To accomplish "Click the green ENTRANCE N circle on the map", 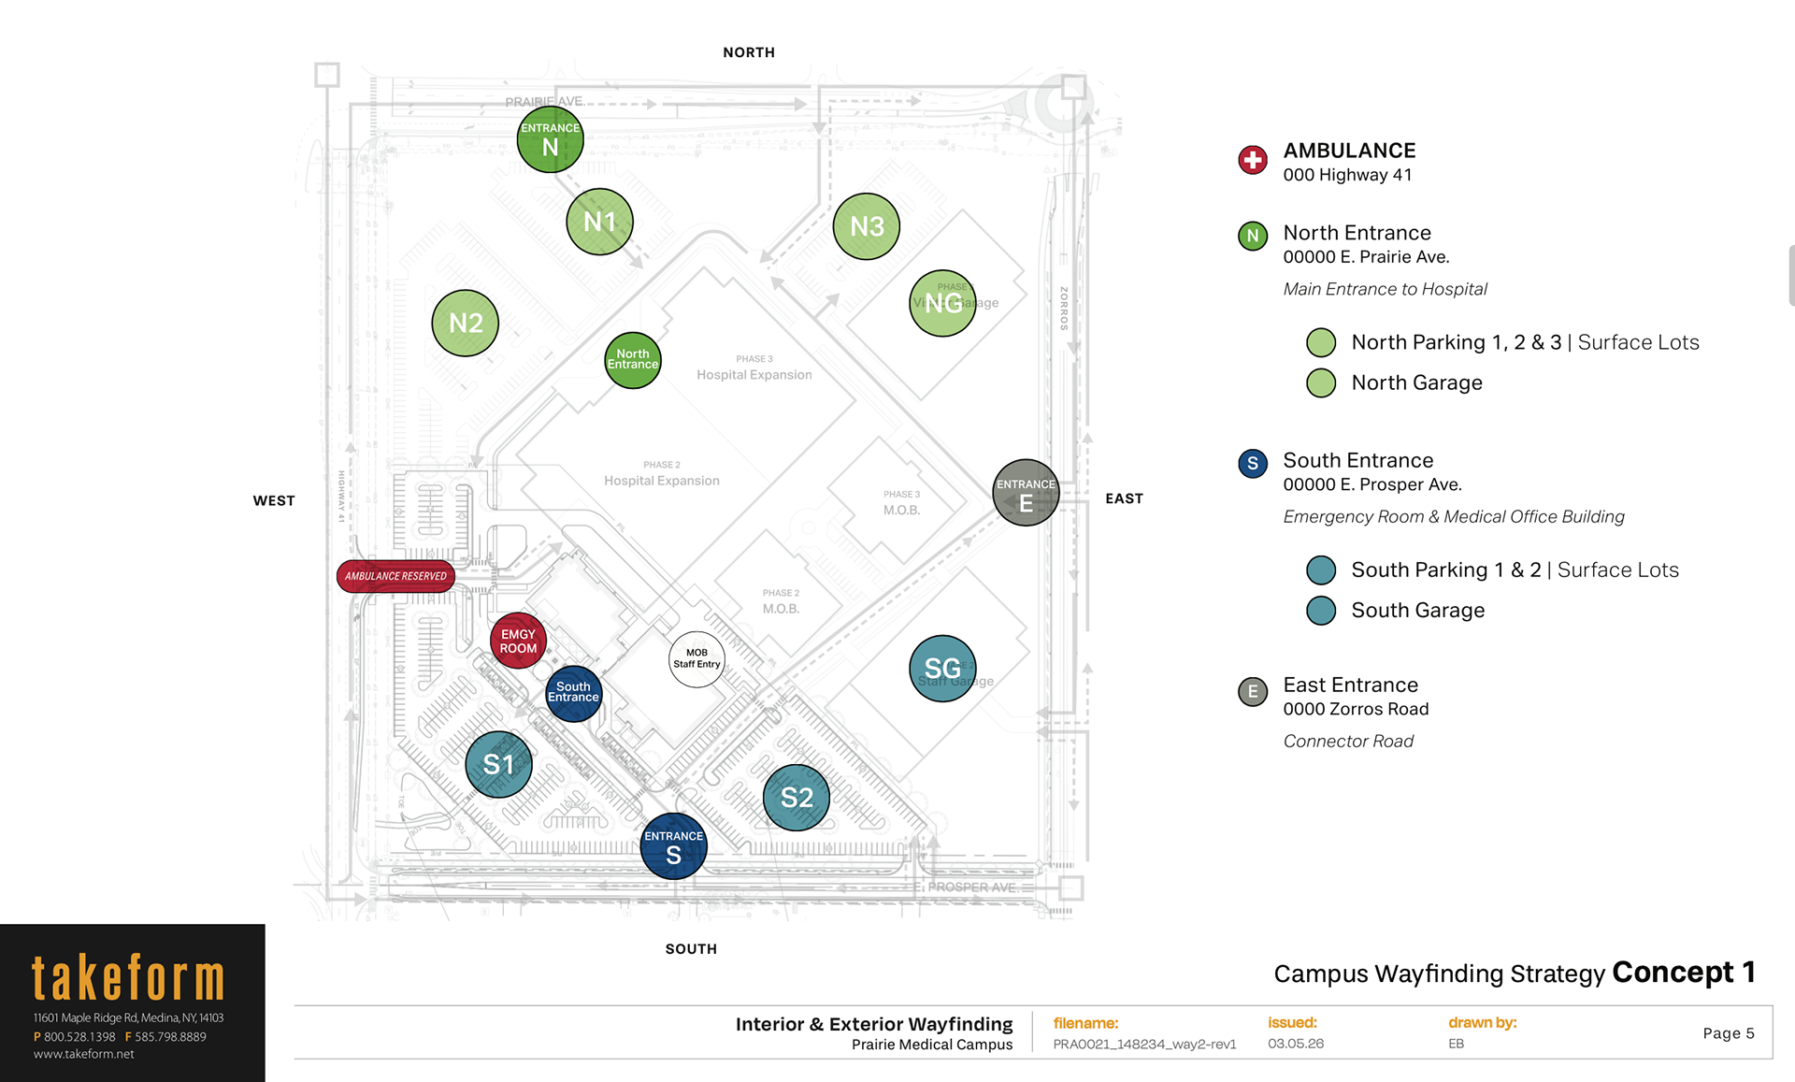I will [550, 139].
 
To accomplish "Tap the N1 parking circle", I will [599, 222].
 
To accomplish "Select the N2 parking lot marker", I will [466, 323].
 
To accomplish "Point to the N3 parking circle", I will [867, 226].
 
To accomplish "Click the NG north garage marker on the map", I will [942, 303].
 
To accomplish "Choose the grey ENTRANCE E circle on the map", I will [1026, 493].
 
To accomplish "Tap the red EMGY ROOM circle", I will [518, 641].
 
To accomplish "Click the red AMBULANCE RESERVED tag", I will [395, 576].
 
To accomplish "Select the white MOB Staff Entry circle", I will [696, 658].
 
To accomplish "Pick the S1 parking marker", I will [498, 764].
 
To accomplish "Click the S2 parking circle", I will [797, 798].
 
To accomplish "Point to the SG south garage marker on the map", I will [942, 668].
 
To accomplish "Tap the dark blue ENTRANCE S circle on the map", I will [673, 846].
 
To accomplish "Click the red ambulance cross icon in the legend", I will [1253, 160].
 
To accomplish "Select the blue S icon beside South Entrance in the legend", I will [1253, 463].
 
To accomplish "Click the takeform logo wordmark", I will [128, 978].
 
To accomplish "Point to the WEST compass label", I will [274, 501].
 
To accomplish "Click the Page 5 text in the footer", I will [1728, 1033].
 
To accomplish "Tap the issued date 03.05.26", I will [1296, 1044].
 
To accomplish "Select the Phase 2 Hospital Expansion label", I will [662, 474].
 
